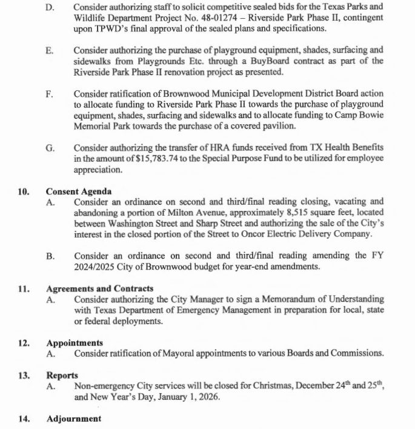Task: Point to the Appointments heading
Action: point(71,343)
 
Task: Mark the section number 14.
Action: point(24,419)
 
